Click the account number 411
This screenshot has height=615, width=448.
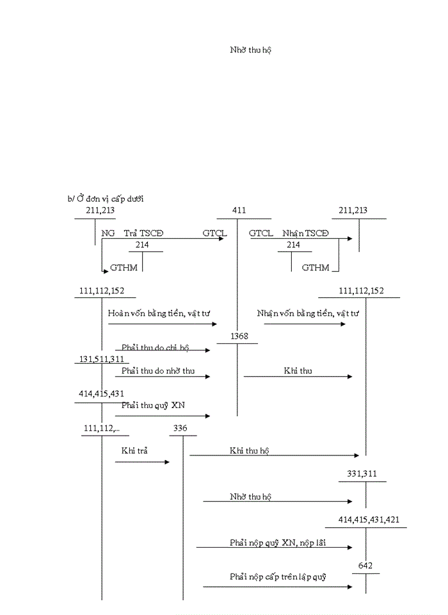click(x=239, y=211)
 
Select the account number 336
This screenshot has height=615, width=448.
click(x=180, y=427)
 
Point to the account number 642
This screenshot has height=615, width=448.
click(x=365, y=566)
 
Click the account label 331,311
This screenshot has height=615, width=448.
click(x=362, y=474)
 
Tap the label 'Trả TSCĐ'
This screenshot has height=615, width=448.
click(x=144, y=234)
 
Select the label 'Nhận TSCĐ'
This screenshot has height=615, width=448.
click(x=305, y=234)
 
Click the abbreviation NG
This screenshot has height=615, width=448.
click(x=108, y=234)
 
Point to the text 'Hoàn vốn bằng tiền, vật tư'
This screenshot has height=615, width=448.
click(x=159, y=313)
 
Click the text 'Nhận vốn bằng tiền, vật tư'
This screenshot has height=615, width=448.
click(x=308, y=313)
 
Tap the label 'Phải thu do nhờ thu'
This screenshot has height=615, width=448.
click(x=158, y=370)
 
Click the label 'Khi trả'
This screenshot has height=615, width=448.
click(x=134, y=450)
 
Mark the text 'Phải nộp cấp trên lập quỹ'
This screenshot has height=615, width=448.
click(x=278, y=577)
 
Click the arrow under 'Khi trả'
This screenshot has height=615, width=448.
click(x=142, y=461)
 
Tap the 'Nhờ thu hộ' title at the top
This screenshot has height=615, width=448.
click(x=251, y=49)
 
